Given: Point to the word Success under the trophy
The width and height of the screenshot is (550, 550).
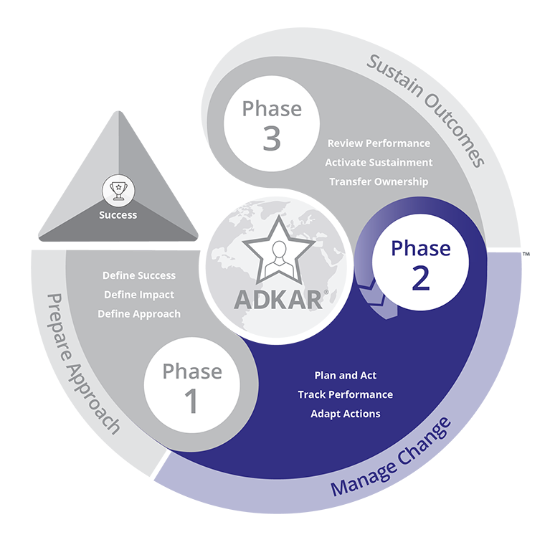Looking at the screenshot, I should pyautogui.click(x=118, y=214).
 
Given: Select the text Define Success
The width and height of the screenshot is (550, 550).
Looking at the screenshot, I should pyautogui.click(x=139, y=275).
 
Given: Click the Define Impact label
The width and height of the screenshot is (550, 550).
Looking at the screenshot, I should pyautogui.click(x=139, y=295).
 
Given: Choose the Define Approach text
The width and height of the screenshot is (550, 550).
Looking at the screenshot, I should pyautogui.click(x=139, y=314).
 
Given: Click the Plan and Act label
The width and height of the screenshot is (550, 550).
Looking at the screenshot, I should pyautogui.click(x=345, y=376).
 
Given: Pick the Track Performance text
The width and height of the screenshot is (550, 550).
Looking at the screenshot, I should pyautogui.click(x=345, y=394).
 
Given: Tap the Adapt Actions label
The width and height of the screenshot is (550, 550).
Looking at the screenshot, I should pyautogui.click(x=345, y=414).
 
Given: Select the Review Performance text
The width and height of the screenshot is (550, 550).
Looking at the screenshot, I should pyautogui.click(x=379, y=143).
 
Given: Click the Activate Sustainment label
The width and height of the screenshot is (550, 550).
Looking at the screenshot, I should pyautogui.click(x=379, y=163).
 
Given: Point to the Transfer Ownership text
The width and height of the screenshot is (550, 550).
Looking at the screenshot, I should pyautogui.click(x=379, y=182).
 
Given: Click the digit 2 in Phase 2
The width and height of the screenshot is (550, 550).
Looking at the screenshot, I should pyautogui.click(x=420, y=279).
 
